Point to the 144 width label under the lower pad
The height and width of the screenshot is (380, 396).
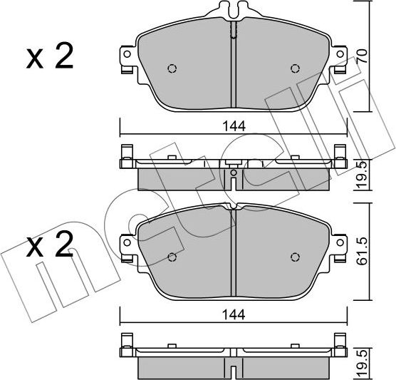point(233,313)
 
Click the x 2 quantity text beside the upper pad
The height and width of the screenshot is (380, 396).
point(50,58)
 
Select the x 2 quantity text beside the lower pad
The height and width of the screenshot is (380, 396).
point(50,247)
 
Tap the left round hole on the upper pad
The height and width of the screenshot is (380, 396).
point(171,69)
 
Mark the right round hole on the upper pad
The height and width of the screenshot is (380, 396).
point(294,69)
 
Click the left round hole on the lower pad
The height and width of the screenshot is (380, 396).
point(171,257)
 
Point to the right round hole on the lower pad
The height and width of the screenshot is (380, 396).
point(294,257)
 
